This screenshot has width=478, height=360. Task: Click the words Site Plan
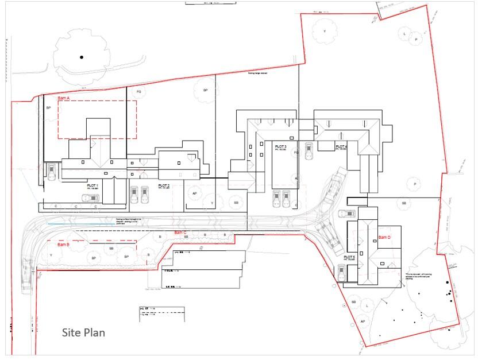[83, 332]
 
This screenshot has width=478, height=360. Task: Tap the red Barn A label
[63, 98]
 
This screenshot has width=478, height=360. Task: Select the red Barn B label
[60, 244]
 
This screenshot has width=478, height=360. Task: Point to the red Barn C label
[180, 232]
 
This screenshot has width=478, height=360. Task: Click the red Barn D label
[384, 237]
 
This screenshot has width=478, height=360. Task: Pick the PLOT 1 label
[92, 186]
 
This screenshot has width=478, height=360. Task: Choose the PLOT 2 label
[164, 186]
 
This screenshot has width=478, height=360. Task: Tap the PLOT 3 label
[281, 147]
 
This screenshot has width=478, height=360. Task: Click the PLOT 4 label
[341, 147]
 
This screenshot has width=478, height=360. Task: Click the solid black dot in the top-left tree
[82, 57]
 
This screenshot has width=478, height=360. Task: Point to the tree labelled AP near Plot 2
[195, 193]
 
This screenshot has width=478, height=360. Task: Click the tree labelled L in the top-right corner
[404, 34]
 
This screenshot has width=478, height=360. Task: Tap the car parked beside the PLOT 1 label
[90, 198]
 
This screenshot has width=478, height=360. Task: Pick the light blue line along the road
[63, 223]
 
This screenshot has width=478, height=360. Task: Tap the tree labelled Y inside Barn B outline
[52, 255]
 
